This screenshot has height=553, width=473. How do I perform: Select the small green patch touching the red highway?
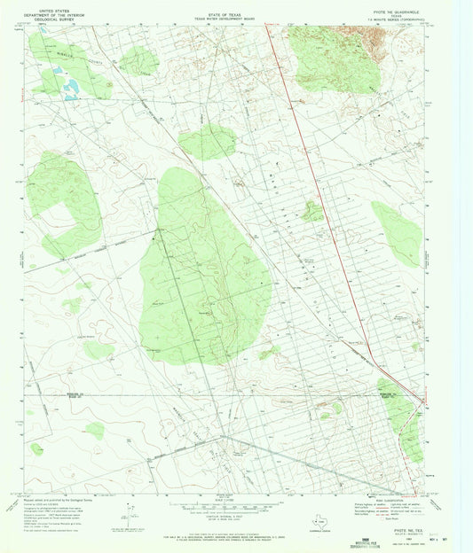pyautogui.click(x=311, y=211)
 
